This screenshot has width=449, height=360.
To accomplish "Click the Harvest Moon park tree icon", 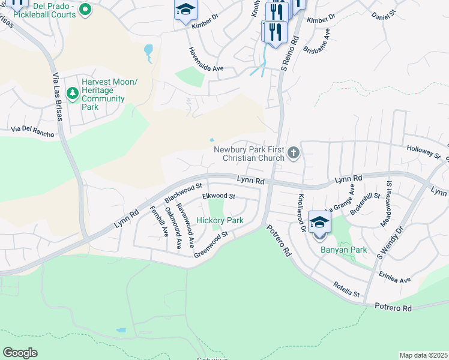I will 72,93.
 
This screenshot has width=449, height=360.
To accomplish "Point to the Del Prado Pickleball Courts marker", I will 85,8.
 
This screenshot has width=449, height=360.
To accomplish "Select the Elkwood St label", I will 219,196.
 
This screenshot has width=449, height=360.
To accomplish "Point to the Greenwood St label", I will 211,245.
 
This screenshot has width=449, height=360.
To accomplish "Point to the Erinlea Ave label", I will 394,276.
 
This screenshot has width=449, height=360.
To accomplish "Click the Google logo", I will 20,353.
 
